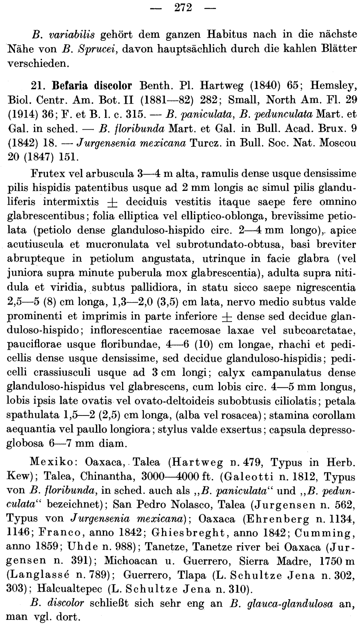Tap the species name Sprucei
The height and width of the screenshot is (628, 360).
94,49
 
